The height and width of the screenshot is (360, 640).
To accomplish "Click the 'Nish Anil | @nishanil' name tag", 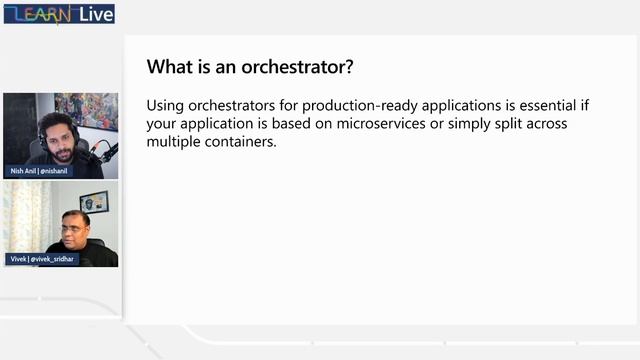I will coord(41,171).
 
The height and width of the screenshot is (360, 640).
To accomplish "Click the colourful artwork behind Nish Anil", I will coord(87,110).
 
